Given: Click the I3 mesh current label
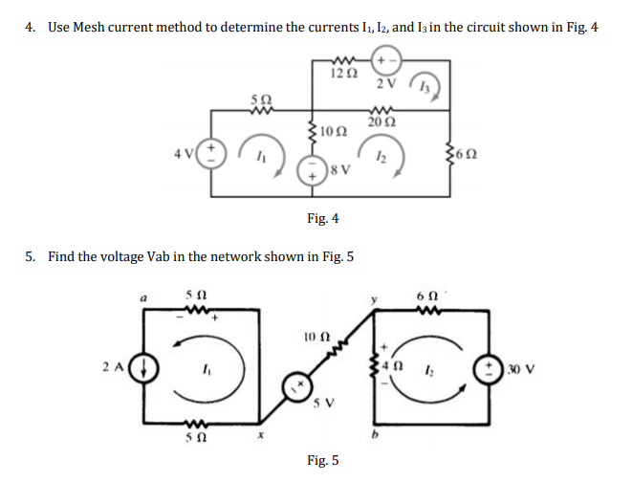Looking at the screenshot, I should pos(425,87).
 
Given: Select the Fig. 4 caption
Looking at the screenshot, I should pos(323,219).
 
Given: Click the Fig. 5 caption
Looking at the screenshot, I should pos(323,461).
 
